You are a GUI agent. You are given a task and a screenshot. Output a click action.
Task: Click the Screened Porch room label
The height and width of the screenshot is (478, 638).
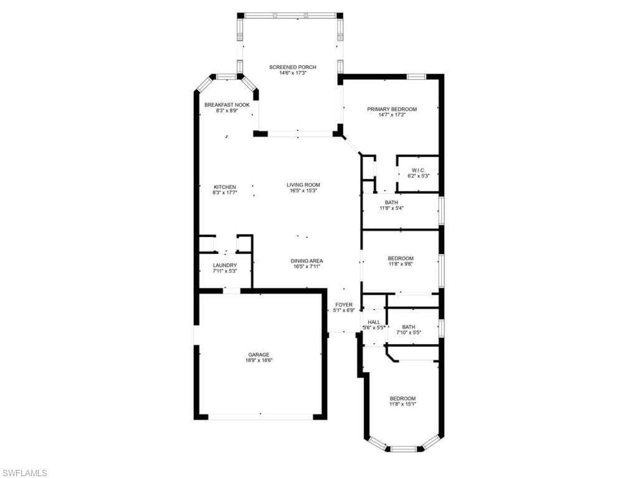tap(293, 67)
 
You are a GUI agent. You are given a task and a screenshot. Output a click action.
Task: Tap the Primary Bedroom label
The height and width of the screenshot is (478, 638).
tap(392, 109)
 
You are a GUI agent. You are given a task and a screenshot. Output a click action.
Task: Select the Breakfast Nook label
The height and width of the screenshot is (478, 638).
tap(227, 105)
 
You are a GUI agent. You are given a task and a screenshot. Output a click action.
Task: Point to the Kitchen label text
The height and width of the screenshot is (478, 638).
tap(225, 187)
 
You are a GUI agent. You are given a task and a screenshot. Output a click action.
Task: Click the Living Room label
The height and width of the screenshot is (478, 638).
tap(303, 185)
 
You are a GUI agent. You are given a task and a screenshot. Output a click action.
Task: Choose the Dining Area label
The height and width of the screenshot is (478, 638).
tap(307, 261)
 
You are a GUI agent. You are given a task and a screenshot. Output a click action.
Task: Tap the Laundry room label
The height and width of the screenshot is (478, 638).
tap(224, 265)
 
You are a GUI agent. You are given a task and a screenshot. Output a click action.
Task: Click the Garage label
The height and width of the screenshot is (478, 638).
tap(259, 354)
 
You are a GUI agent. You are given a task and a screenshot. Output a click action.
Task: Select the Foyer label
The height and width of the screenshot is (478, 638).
tap(344, 305)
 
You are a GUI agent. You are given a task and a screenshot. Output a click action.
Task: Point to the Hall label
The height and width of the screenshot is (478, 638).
tap(374, 322)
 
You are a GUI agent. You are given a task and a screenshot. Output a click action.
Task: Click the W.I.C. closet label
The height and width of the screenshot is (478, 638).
tap(418, 171)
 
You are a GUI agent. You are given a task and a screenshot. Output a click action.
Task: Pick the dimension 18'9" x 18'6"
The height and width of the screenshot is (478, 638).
tap(259, 360)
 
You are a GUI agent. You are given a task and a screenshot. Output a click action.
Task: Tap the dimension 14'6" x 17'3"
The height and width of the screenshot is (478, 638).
tap(293, 73)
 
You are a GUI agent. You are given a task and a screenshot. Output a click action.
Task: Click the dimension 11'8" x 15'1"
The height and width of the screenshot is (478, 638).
tap(403, 404)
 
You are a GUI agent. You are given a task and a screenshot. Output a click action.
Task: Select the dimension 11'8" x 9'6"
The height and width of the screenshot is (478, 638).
tap(401, 264)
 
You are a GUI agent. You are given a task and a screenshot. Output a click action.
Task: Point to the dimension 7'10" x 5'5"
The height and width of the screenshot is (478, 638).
tap(409, 332)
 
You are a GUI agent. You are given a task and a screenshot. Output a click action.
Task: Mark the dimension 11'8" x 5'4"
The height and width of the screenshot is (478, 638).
tap(391, 208)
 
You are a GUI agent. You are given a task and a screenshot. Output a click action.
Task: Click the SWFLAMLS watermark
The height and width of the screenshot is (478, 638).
tap(24, 473)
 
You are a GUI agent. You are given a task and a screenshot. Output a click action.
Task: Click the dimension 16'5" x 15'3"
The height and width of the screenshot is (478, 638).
tap(303, 190)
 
